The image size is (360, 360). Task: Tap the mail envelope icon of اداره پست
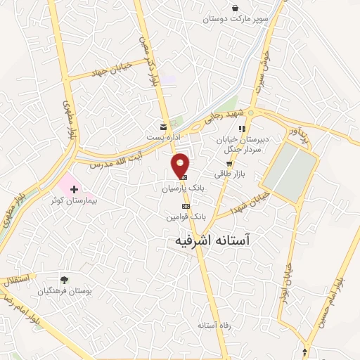point(163,127)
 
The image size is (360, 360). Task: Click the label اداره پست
point(162,137)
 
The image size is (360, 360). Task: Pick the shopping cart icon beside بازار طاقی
point(229,164)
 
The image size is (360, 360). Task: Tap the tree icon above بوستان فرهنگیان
point(65,280)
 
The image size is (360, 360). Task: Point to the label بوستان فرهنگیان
point(66,290)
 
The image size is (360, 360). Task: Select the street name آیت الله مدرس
point(117,157)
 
